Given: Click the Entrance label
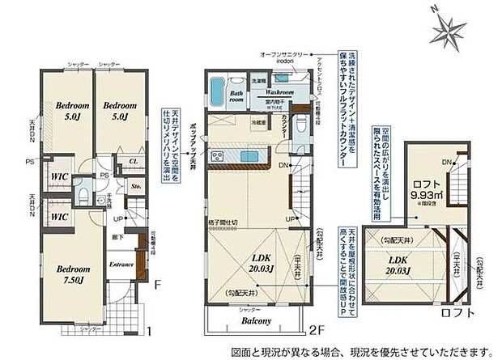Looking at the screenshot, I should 121,264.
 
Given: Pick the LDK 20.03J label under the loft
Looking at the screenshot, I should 397,265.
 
